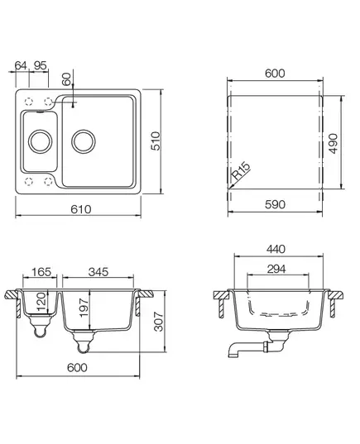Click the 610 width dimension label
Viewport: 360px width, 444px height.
coord(81,209)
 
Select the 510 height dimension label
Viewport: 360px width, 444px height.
coord(156,141)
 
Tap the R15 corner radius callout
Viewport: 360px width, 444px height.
coord(241,171)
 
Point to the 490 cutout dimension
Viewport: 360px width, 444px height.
coord(334,144)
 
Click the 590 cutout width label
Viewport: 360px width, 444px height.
coord(275,204)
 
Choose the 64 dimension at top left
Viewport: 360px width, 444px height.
coord(21,65)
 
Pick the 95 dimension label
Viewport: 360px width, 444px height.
coord(40,65)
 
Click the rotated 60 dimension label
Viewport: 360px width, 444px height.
coord(66,79)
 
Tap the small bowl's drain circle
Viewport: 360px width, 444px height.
coord(41,141)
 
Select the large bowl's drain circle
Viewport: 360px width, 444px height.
coord(84,141)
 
